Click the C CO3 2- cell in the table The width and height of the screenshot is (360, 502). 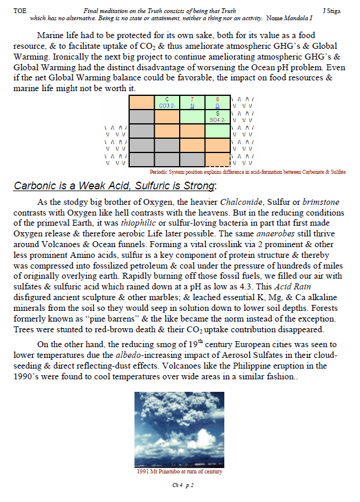(x=167, y=102)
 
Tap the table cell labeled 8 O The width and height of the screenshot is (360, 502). (x=217, y=102)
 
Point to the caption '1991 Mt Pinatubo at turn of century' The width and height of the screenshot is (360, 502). (x=179, y=472)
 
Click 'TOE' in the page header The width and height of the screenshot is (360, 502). (x=20, y=11)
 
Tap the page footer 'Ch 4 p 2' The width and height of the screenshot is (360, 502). (x=179, y=485)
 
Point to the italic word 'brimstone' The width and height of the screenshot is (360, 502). (x=321, y=202)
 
